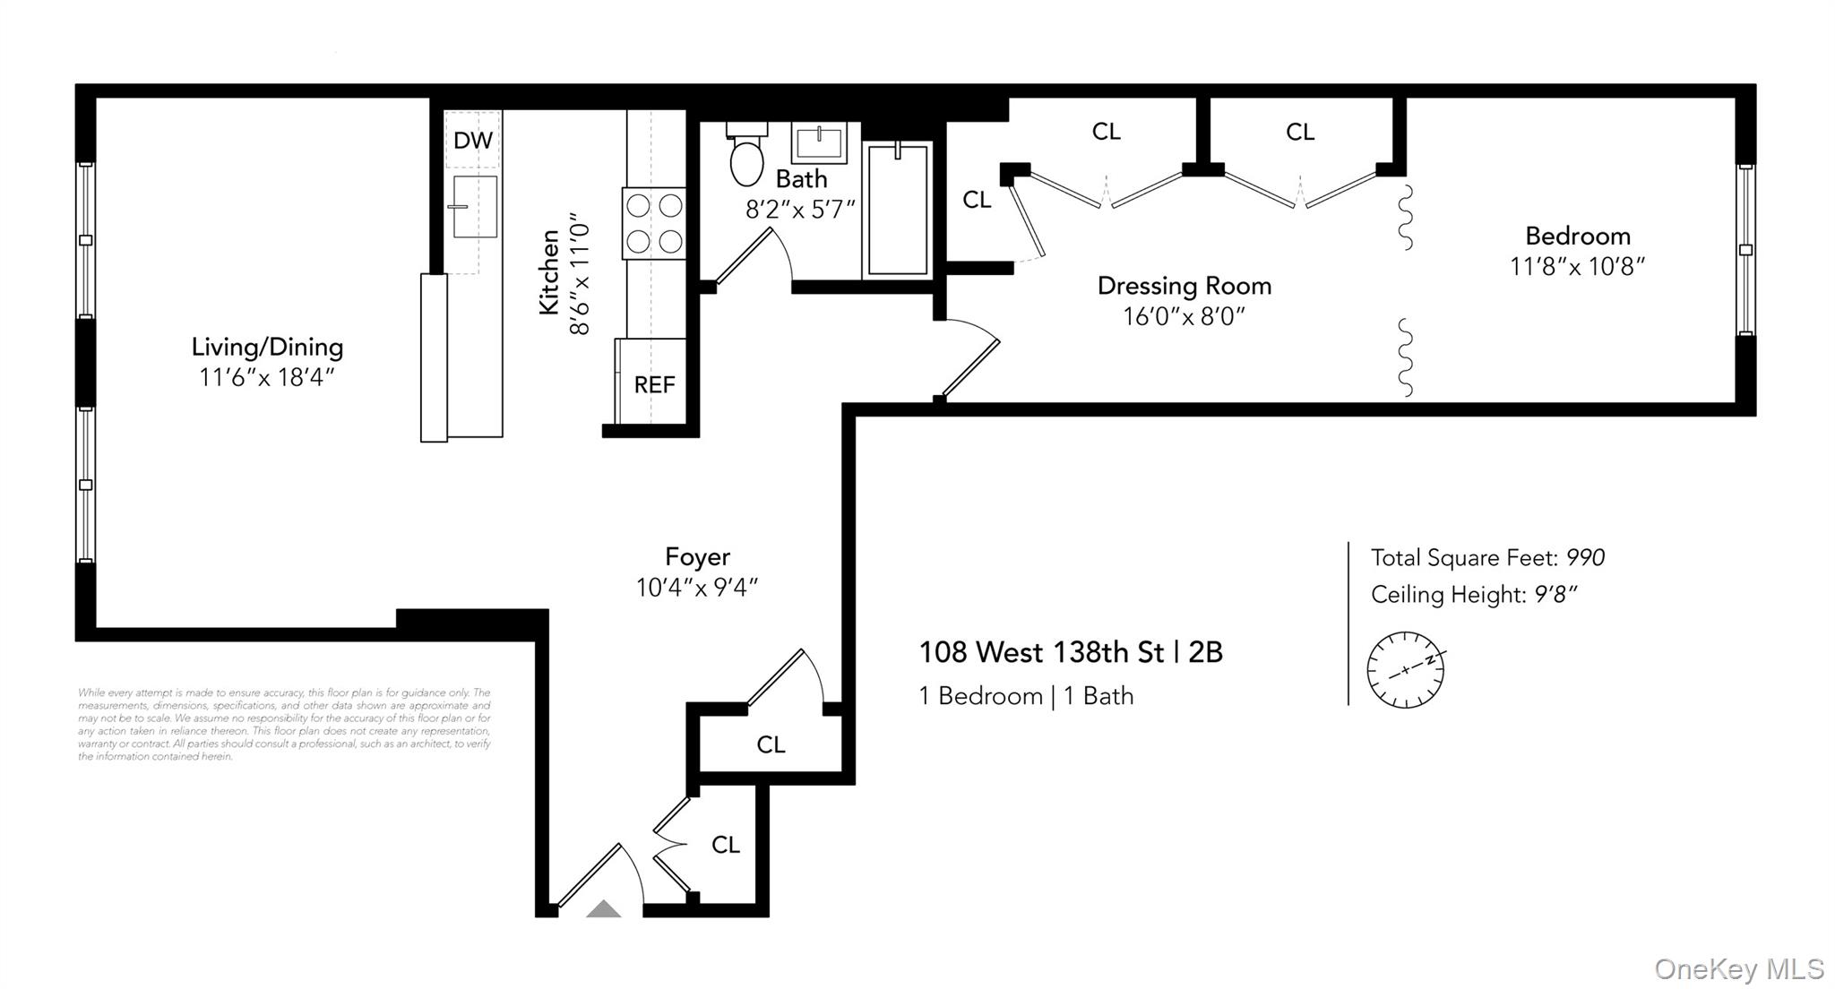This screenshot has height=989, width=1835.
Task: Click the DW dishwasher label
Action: [472, 141]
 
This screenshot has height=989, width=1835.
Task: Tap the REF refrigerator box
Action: [654, 384]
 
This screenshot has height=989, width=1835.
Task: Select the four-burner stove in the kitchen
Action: [654, 224]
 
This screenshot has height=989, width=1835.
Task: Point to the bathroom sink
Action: [819, 143]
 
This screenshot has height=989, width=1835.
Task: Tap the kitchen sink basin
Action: [475, 207]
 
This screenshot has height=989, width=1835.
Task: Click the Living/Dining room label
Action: [267, 347]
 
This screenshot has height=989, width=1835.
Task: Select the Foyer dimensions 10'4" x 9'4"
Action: [697, 588]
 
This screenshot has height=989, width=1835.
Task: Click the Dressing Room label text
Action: [1184, 286]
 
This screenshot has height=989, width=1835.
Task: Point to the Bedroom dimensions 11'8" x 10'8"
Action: [1577, 267]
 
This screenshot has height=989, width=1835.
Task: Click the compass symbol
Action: [1405, 669]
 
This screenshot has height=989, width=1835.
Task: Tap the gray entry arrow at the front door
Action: [603, 909]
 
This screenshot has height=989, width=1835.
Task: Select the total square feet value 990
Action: [1585, 557]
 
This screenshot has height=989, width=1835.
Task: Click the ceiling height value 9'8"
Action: [1555, 595]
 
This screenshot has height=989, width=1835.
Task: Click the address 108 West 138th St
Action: [1041, 652]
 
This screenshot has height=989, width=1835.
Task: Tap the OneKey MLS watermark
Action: [1738, 968]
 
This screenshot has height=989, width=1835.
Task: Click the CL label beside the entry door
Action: [725, 845]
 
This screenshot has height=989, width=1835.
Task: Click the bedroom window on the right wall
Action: [1745, 250]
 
